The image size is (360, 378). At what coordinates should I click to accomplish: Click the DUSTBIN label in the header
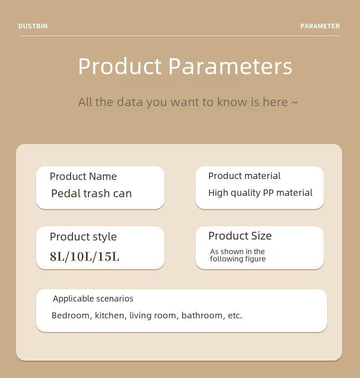click(33, 26)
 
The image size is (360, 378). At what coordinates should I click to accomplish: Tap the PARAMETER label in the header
click(320, 26)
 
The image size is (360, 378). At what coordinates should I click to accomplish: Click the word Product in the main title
click(120, 66)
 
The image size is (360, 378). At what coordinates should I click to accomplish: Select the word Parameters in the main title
click(230, 66)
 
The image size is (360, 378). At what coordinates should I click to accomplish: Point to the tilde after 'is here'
click(294, 102)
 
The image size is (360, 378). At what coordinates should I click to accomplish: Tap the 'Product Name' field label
click(83, 176)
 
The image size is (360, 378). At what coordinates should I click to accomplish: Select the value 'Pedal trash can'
click(92, 194)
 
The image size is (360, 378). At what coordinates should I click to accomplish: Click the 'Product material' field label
click(244, 176)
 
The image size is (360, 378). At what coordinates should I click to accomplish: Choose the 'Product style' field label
click(83, 237)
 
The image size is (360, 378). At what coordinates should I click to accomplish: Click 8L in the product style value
click(57, 256)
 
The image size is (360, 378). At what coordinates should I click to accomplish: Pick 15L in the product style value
click(108, 256)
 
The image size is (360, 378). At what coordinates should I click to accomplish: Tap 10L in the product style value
click(81, 256)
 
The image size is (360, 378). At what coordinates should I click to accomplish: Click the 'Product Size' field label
click(240, 235)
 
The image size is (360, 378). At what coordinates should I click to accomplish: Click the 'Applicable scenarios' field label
click(93, 299)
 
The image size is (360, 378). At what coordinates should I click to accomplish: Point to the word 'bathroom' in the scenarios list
click(202, 315)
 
